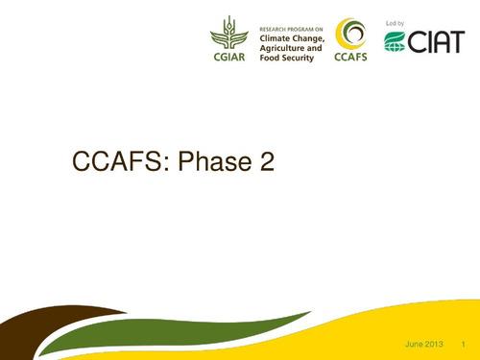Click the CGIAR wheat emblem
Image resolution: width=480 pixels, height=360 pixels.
click(x=228, y=33)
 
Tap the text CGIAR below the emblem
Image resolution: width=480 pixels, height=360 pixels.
click(x=228, y=57)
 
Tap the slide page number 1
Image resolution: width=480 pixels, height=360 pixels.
click(x=463, y=345)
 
